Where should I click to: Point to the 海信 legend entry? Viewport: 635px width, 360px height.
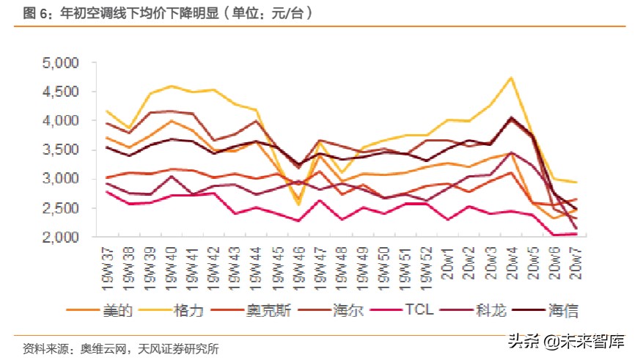[563, 311]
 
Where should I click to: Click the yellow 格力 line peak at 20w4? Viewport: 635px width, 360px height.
[510, 78]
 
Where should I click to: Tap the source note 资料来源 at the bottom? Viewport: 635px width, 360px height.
[120, 348]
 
